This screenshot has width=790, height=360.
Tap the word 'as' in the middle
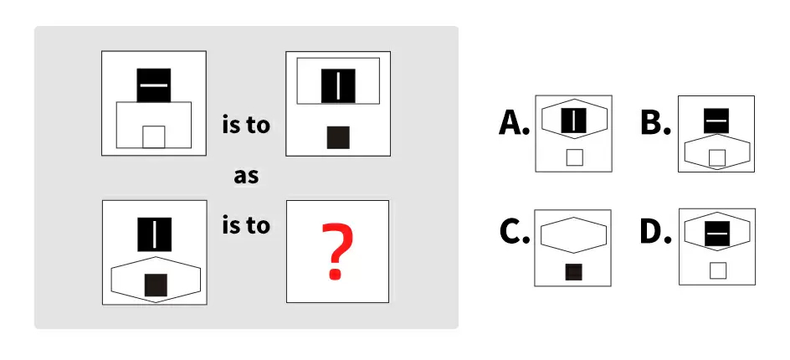(245, 177)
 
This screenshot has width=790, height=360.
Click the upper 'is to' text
(246, 126)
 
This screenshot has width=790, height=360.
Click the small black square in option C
(574, 271)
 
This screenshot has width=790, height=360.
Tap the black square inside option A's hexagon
(573, 121)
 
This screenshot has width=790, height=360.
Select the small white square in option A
(574, 157)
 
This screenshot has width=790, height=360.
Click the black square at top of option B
(716, 121)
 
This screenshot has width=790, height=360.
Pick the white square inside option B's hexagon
(716, 157)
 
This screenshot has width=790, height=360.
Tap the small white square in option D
(716, 270)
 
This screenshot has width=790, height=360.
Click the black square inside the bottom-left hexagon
(155, 285)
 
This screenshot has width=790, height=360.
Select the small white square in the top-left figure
(153, 136)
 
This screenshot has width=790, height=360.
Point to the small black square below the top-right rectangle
(338, 136)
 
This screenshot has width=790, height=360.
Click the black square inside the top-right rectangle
(338, 85)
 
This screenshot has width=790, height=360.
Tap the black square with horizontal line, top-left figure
(154, 85)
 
